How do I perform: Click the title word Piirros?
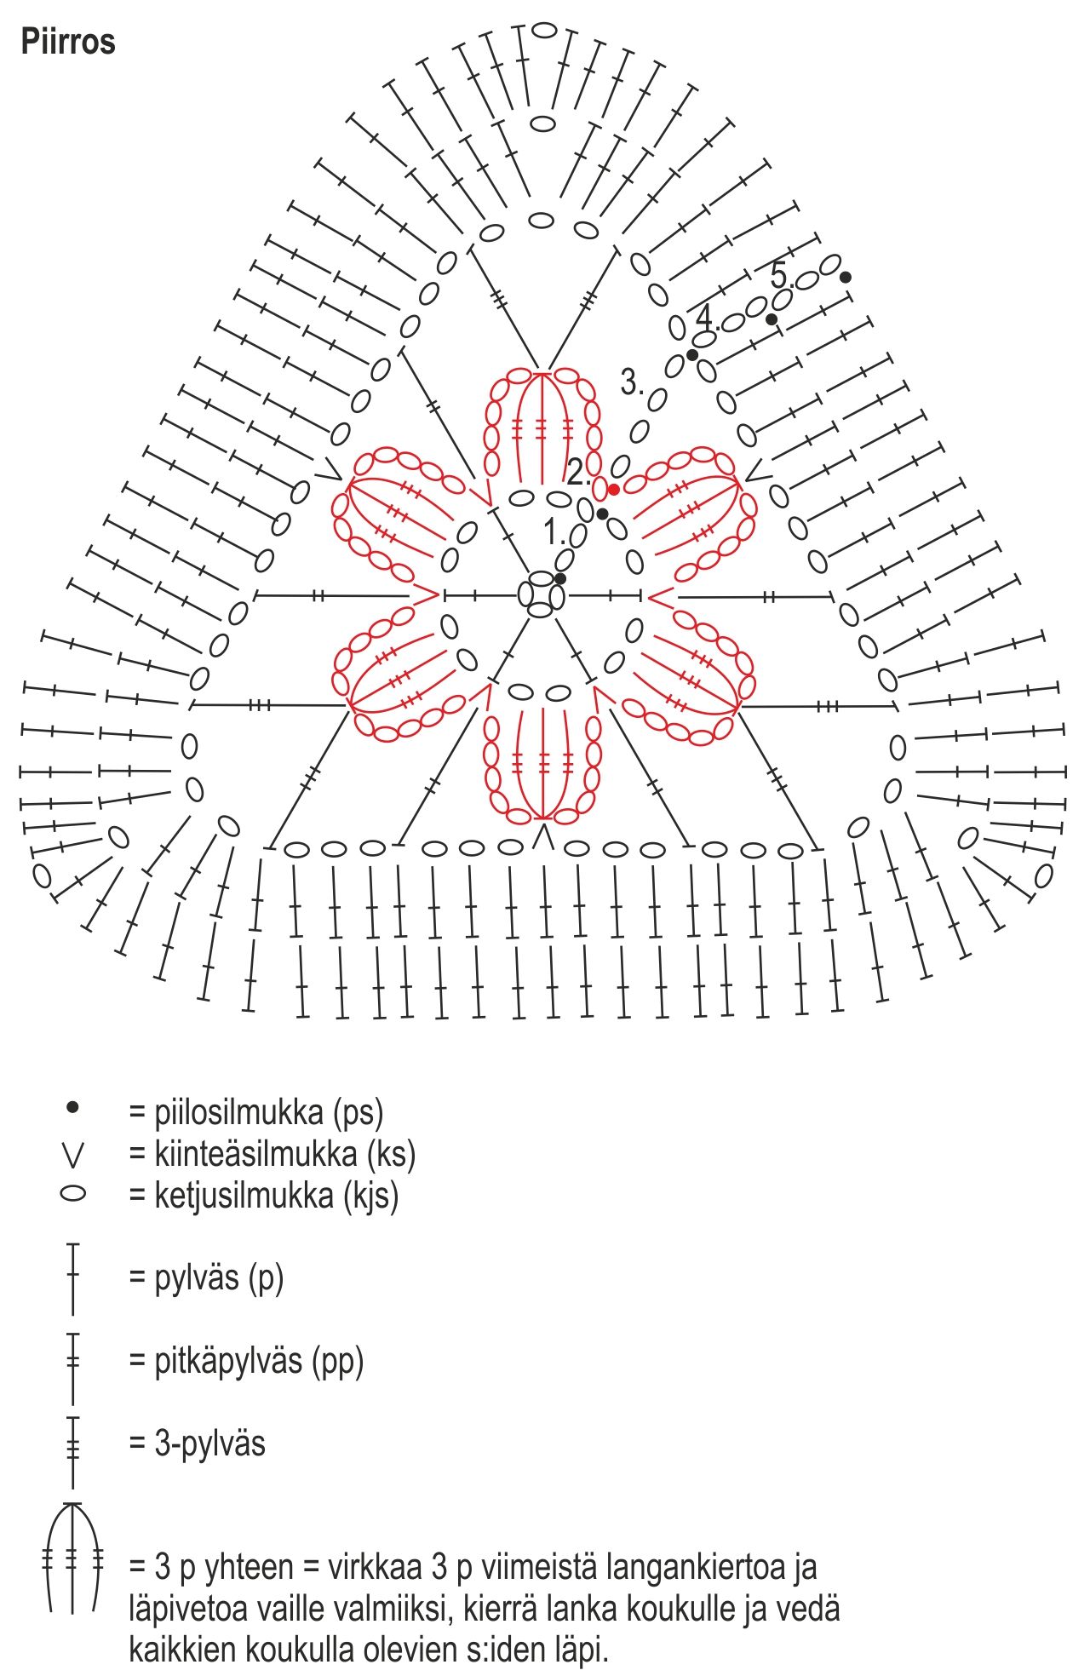click(68, 42)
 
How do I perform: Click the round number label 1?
click(554, 533)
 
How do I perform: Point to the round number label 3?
click(631, 382)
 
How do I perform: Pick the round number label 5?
click(780, 275)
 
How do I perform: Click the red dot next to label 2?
click(614, 489)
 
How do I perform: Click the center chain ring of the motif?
click(542, 594)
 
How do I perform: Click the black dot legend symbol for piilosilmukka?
click(73, 1107)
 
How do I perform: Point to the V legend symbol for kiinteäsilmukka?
click(73, 1155)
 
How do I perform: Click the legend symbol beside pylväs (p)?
click(73, 1277)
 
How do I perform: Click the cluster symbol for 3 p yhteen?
click(73, 1558)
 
